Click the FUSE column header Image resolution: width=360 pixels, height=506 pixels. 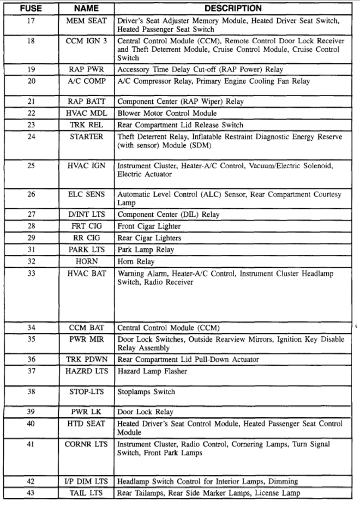click(x=31, y=9)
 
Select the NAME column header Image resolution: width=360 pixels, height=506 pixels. click(x=86, y=9)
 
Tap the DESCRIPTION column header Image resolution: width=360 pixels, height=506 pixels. click(x=233, y=9)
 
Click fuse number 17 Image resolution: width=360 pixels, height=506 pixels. click(x=31, y=21)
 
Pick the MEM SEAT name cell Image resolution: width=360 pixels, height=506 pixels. click(x=87, y=21)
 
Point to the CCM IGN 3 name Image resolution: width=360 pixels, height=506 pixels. click(x=87, y=41)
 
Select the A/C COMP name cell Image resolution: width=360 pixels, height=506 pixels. click(x=87, y=81)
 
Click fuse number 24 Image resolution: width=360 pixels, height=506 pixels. click(x=31, y=137)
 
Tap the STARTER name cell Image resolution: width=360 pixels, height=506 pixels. click(x=87, y=137)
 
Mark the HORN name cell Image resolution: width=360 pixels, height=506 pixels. click(x=87, y=261)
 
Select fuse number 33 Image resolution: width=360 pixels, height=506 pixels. click(x=31, y=273)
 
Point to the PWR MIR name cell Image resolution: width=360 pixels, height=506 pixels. click(x=87, y=340)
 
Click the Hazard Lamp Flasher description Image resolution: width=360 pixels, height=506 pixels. click(x=152, y=372)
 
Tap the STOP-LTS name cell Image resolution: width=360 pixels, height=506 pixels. click(x=87, y=392)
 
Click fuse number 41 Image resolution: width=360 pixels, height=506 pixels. click(x=31, y=445)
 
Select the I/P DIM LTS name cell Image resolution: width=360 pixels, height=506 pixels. click(x=87, y=481)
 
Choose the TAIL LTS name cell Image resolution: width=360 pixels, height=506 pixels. click(x=87, y=493)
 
